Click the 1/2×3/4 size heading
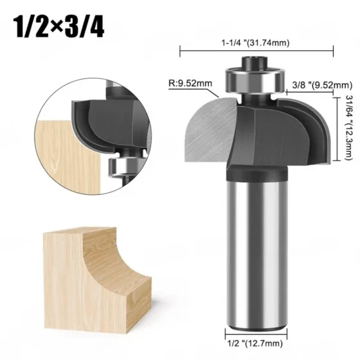point(59,27)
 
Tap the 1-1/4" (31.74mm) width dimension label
point(255,42)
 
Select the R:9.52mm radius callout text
point(190,83)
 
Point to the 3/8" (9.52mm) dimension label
point(322,85)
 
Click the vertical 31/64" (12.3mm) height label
point(349,128)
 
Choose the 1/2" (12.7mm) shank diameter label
point(255,343)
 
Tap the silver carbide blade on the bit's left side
point(212,129)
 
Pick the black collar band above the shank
point(256,173)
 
